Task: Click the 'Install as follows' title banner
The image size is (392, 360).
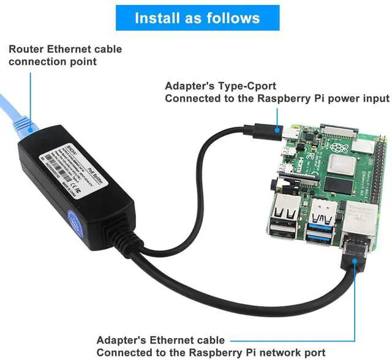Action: pos(197,18)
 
